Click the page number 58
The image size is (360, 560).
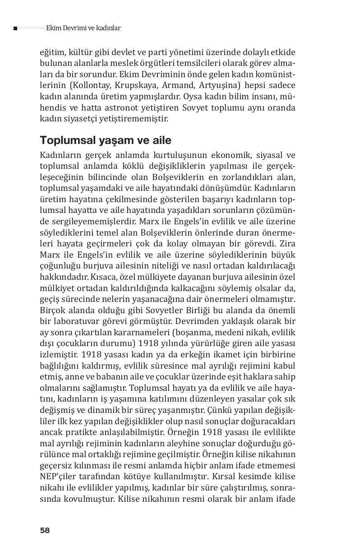point(45,530)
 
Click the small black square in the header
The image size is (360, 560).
point(15,28)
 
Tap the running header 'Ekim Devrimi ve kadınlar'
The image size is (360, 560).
point(83,28)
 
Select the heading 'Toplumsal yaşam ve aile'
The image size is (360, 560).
point(106,140)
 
